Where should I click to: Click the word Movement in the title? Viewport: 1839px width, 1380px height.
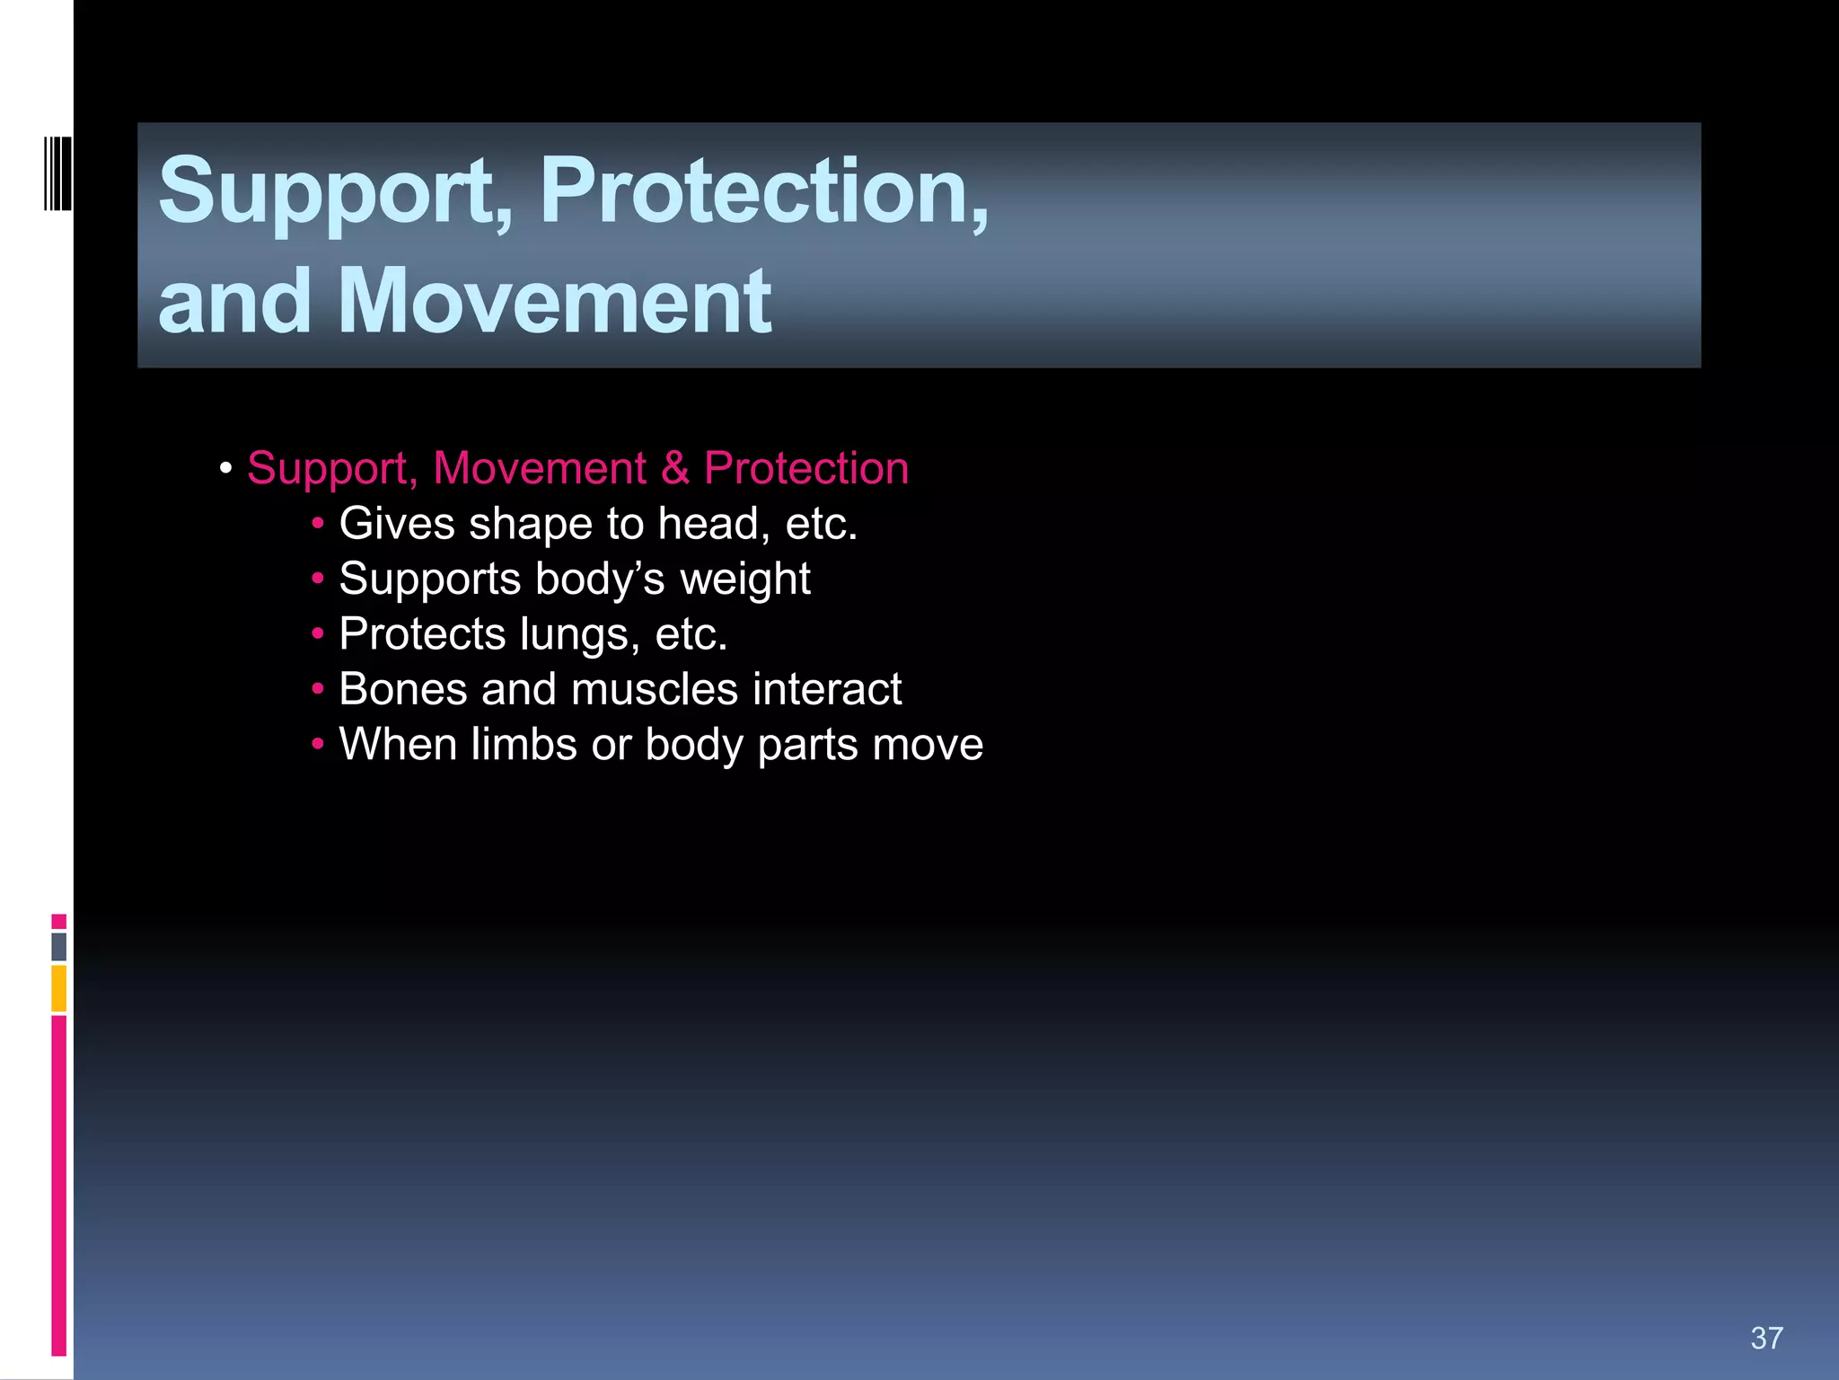click(x=554, y=301)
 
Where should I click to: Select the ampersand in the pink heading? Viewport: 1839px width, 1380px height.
click(x=675, y=468)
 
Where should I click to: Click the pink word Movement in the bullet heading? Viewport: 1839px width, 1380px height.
click(x=539, y=468)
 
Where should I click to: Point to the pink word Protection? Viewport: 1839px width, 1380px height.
click(x=805, y=468)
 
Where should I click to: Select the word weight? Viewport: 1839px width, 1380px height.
click(x=745, y=579)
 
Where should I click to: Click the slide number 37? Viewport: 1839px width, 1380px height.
click(x=1766, y=1338)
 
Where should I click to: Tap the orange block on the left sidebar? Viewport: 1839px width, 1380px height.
click(x=59, y=988)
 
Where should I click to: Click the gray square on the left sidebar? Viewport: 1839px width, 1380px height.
click(x=59, y=946)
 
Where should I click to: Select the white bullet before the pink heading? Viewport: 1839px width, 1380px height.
click(x=226, y=468)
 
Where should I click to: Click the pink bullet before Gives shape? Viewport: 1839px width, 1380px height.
click(x=318, y=524)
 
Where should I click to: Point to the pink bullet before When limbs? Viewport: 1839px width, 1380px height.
click(x=318, y=745)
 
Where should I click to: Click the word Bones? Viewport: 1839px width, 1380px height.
click(x=403, y=689)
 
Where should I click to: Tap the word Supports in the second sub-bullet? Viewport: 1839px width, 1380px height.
click(x=430, y=579)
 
